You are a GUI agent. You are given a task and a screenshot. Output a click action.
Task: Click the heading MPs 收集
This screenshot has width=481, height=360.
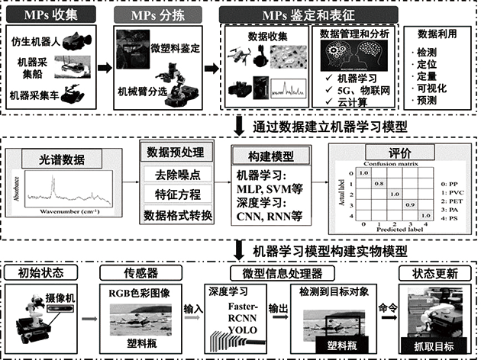click(x=53, y=14)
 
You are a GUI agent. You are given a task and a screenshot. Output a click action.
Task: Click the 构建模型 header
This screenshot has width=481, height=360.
click(x=264, y=155)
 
